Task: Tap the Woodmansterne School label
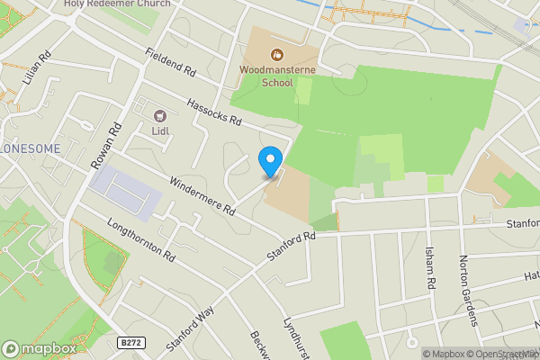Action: [265, 75]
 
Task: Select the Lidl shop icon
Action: [161, 116]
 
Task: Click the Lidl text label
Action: [161, 132]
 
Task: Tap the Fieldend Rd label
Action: [169, 64]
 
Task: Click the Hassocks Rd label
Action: [211, 112]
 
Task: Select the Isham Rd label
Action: [431, 270]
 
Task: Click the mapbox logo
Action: [39, 348]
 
